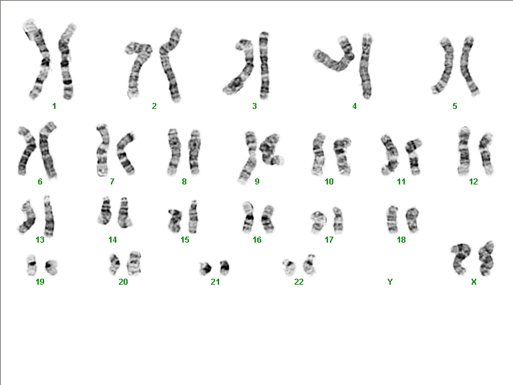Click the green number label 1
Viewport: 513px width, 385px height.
tap(54, 106)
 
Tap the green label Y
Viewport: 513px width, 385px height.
tap(389, 281)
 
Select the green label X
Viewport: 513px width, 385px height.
tap(474, 281)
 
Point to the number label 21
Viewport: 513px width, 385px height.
tap(215, 281)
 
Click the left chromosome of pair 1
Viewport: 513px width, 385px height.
tap(39, 59)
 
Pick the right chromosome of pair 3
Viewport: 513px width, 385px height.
tap(264, 66)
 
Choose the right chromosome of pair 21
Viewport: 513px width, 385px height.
tap(224, 267)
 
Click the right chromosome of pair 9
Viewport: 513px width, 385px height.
tap(271, 149)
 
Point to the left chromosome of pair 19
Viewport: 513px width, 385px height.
tap(31, 265)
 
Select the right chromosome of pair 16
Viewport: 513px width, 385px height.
tap(268, 219)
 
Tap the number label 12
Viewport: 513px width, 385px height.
tap(474, 182)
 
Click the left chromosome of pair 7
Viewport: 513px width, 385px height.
tap(102, 150)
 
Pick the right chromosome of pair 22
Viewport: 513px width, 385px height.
tap(309, 265)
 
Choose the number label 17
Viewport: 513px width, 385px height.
tap(329, 240)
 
